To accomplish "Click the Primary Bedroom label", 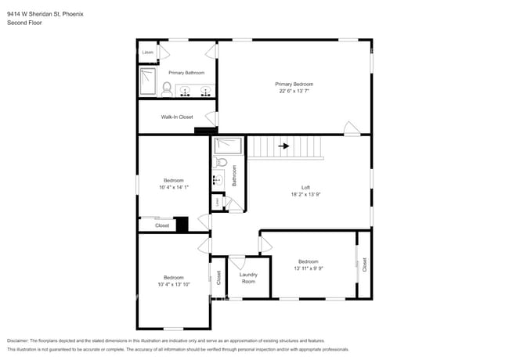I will [294, 83].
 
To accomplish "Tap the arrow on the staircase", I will [284, 146].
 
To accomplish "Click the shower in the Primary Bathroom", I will [148, 82].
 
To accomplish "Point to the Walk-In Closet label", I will [177, 117].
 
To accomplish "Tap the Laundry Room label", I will [248, 278].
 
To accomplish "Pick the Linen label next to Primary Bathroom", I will [147, 52].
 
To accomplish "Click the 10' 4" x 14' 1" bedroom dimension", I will [173, 187].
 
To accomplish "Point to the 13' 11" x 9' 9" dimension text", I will [308, 268].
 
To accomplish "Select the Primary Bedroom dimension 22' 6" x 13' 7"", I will [294, 91].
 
